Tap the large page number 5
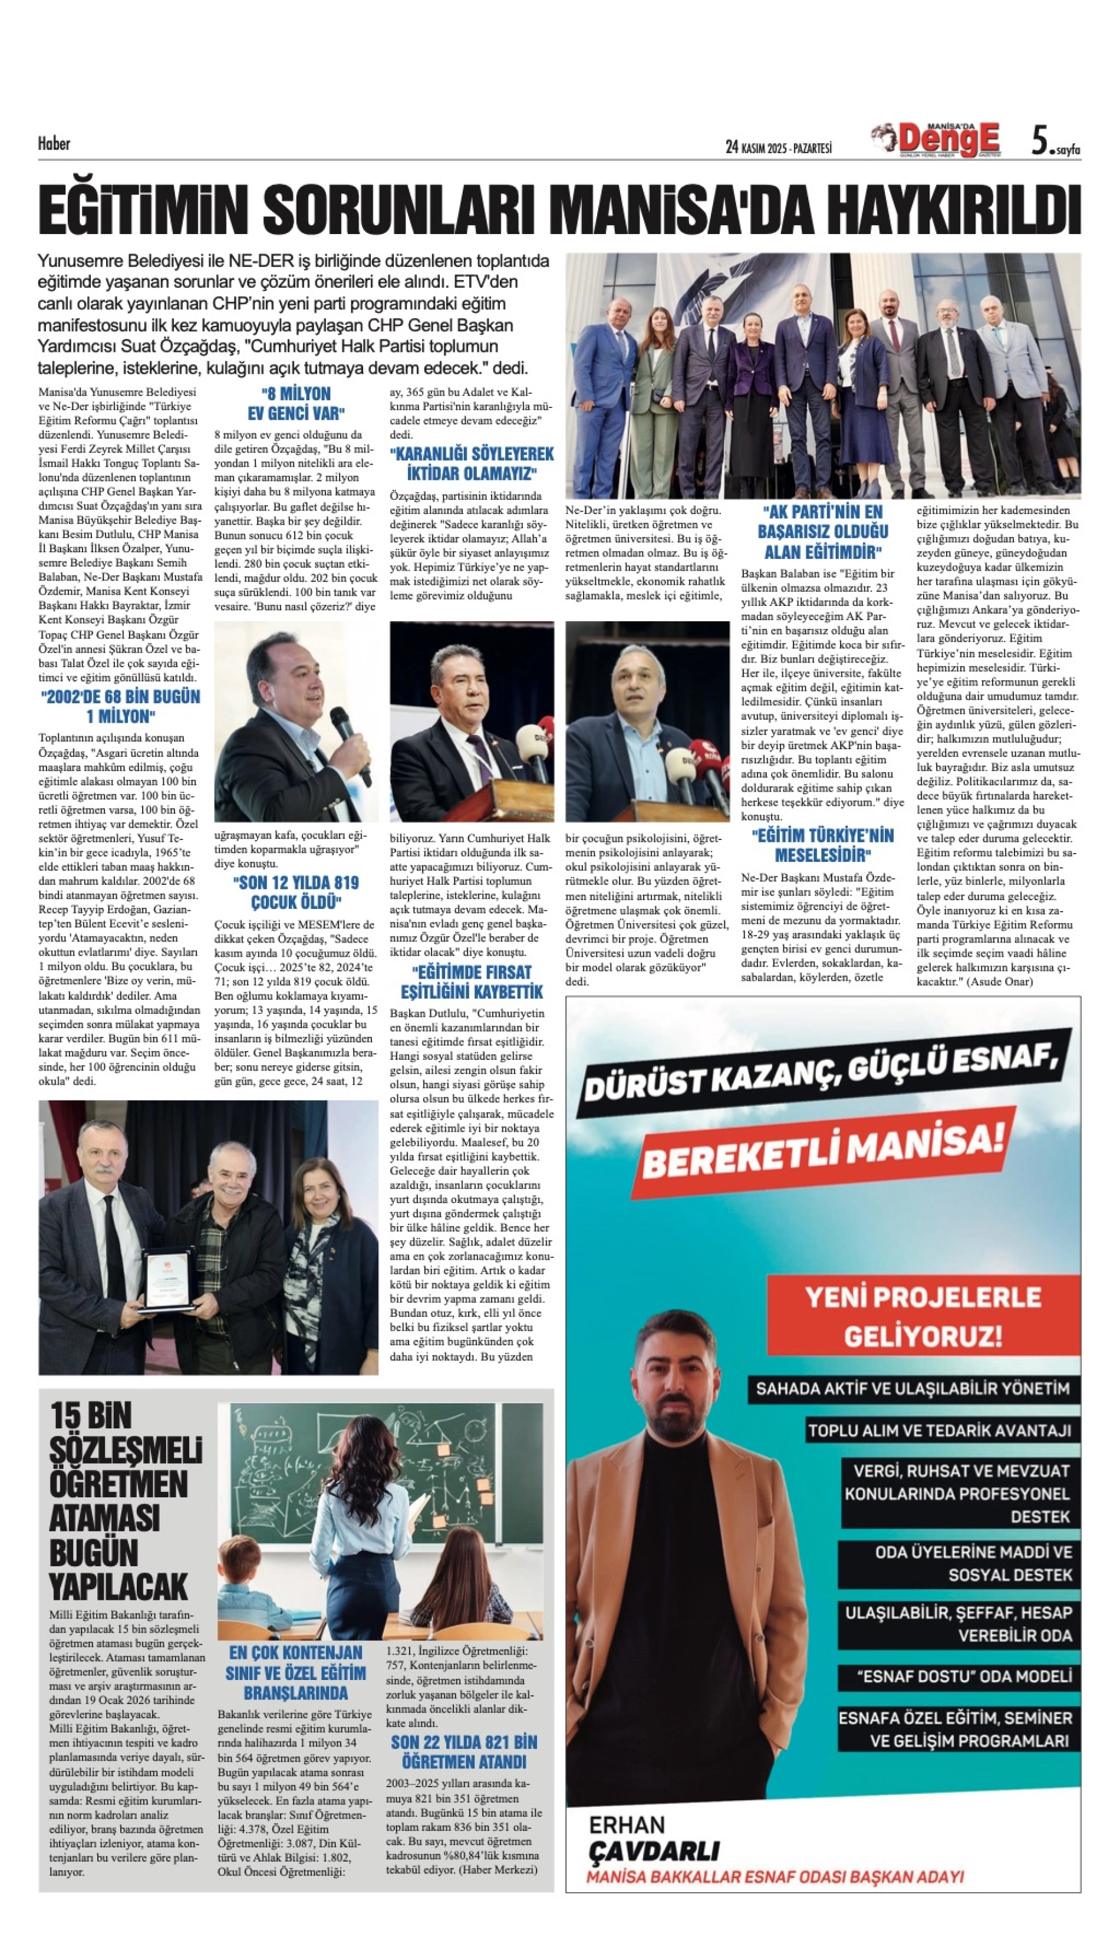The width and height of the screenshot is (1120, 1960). click(1040, 141)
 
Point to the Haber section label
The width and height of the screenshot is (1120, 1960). click(54, 143)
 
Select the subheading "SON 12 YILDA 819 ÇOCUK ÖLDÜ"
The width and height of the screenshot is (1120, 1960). click(295, 892)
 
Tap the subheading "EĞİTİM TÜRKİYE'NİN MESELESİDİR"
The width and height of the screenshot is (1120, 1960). click(822, 845)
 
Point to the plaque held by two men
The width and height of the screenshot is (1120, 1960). click(167, 1279)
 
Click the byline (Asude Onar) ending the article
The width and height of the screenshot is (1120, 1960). click(999, 981)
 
